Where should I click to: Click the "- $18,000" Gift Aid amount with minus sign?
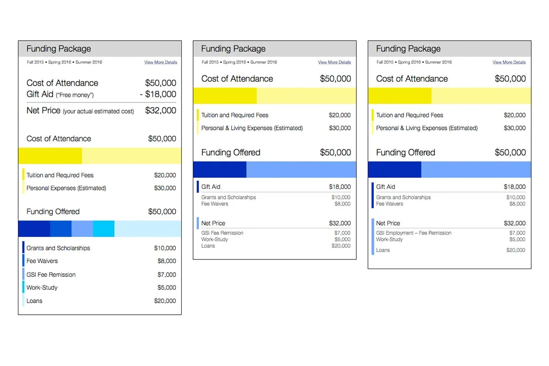158,94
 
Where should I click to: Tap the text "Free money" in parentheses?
75,95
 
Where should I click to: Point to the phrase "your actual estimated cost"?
98,111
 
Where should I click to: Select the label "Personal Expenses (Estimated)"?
66,188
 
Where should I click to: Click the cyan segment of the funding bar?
104,229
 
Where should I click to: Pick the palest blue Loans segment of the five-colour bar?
148,229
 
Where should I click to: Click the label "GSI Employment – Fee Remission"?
414,233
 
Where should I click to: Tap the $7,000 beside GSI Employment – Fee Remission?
517,233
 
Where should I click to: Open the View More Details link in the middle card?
334,62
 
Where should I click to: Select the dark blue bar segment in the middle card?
220,169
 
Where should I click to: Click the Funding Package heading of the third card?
408,48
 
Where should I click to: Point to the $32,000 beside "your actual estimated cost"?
161,111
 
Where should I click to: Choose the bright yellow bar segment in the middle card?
225,96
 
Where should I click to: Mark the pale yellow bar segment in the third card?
481,96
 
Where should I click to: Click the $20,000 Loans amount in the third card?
516,250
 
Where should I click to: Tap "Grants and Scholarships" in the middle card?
229,197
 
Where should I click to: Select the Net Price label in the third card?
388,223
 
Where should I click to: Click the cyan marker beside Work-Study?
23,287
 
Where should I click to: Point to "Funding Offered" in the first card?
53,211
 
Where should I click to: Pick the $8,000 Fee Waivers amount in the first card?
167,261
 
